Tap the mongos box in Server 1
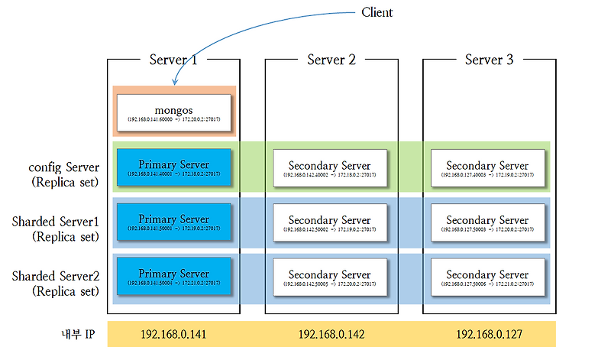173,112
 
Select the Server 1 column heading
173,60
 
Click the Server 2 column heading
331,60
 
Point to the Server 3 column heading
489,60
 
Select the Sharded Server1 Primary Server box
173,222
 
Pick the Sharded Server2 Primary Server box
173,276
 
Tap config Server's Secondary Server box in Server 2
330,167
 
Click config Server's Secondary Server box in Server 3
487,167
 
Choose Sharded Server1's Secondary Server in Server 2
330,222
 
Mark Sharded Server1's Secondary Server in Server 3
487,222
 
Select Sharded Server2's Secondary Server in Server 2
330,277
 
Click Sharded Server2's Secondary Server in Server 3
487,277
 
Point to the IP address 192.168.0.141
173,335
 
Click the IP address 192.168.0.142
331,335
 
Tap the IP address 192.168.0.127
489,335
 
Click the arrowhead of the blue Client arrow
176,83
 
